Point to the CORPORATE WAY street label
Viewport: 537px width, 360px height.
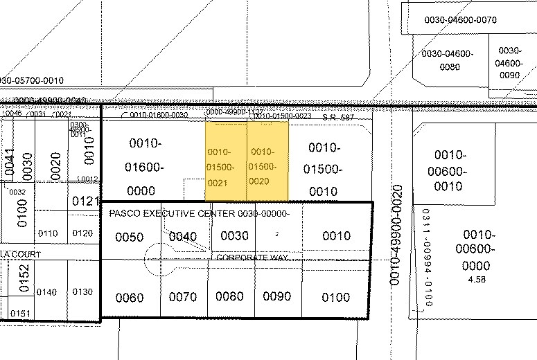click(x=252, y=258)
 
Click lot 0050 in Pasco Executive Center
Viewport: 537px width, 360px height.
click(x=129, y=237)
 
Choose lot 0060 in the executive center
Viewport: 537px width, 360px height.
click(x=129, y=298)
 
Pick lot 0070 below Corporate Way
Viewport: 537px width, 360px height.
click(x=183, y=297)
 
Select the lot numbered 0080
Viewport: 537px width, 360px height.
click(x=229, y=296)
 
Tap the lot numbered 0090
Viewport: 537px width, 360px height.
click(x=277, y=296)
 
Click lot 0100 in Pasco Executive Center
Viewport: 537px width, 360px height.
click(x=336, y=297)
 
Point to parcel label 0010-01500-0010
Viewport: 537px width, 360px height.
click(x=323, y=168)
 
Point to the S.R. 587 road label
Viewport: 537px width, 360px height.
click(x=337, y=117)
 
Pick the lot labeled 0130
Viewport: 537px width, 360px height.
click(x=82, y=291)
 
